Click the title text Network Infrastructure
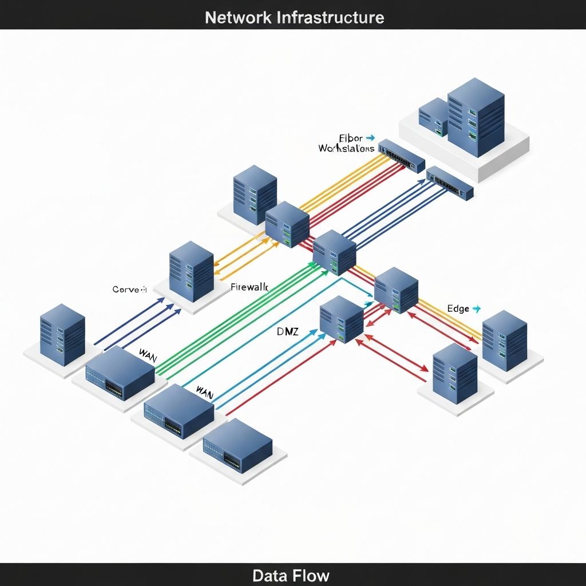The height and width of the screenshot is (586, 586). coord(294,17)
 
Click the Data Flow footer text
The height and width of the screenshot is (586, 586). coord(291,575)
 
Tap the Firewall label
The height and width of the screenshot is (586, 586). coord(249,287)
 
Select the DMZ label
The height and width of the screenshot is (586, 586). coord(287,331)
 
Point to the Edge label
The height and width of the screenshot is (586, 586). coord(458,308)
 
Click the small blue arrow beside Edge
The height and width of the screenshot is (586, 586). coord(476,308)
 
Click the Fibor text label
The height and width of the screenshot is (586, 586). coord(351,138)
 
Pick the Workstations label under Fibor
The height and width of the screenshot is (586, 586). coord(346,148)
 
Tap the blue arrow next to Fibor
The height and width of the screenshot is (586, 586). coord(370,138)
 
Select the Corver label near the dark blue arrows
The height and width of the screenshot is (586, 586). coord(129,290)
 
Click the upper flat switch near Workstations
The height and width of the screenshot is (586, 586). coord(402,155)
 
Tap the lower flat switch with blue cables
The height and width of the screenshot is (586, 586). coord(450,183)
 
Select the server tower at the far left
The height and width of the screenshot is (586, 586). coord(62,334)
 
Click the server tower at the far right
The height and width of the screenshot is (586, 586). coord(504,341)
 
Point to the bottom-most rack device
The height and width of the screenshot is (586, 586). coord(237,445)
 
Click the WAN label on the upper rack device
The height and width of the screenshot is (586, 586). coord(148,354)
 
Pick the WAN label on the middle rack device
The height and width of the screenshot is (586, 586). coord(204,392)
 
